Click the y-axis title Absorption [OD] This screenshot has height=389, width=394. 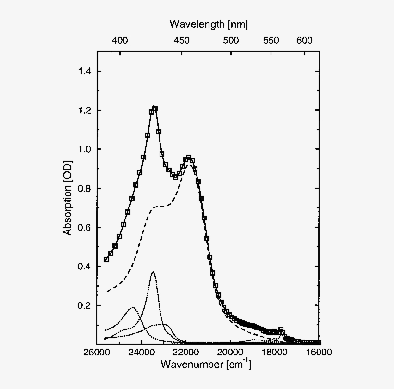tap(68, 198)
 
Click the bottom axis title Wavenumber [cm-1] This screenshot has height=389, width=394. tap(206, 365)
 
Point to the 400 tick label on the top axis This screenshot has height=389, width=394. tap(120, 40)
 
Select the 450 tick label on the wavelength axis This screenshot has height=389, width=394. tap(181, 40)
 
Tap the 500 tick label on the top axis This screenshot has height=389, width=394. tap(231, 40)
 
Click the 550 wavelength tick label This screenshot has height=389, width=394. tap(271, 40)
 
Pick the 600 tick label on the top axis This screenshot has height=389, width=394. tap(305, 40)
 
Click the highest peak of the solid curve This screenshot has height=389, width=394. tap(154, 107)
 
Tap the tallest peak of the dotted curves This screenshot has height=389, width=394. tap(153, 272)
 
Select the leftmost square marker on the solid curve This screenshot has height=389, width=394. tap(107, 259)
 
